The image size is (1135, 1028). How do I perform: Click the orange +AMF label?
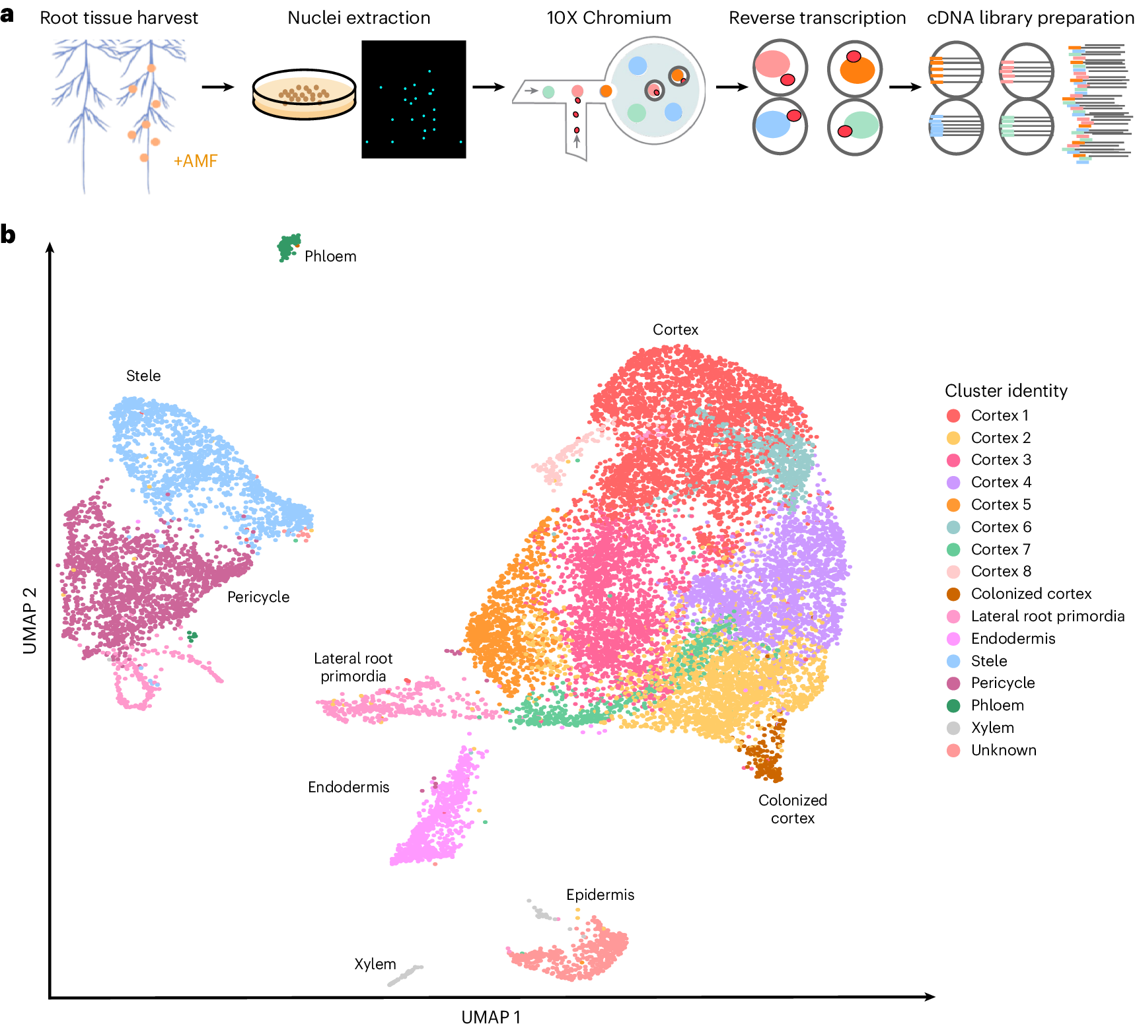195,161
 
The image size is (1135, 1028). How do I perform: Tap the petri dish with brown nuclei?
305,96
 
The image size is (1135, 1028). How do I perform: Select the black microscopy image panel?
414,99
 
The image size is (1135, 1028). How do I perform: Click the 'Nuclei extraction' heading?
359,18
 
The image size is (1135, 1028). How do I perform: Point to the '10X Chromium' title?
608,18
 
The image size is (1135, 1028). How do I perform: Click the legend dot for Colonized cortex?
953,594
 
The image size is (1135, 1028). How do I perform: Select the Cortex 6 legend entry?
1000,527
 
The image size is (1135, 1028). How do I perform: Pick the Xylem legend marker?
953,728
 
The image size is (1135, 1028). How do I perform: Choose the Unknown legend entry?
1003,750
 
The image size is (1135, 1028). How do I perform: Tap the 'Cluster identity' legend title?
1006,391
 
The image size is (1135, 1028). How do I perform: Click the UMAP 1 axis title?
491,1017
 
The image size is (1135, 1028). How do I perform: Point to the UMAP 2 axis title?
30,621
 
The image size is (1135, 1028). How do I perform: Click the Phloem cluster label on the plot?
330,256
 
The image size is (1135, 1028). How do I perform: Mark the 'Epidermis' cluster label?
600,895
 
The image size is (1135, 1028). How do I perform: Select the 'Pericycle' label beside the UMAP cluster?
258,597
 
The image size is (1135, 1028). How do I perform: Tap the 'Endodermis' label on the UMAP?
348,787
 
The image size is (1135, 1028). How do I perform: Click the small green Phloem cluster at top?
288,247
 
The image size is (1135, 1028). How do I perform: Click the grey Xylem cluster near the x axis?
404,975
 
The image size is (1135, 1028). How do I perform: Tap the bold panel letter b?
8,234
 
